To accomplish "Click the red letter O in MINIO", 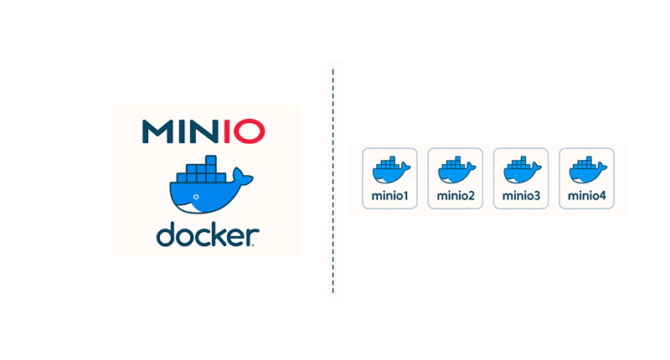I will pyautogui.click(x=250, y=131).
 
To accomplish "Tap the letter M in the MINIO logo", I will pyautogui.click(x=159, y=131).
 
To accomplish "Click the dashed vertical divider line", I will pyautogui.click(x=333, y=180).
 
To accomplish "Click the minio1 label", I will pyautogui.click(x=389, y=197).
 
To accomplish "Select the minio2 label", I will pyautogui.click(x=456, y=197).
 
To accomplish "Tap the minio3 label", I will pyautogui.click(x=521, y=197).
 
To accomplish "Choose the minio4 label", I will pyautogui.click(x=586, y=197).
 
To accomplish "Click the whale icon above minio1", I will pyautogui.click(x=390, y=171).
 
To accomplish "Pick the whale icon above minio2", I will pyautogui.click(x=456, y=171).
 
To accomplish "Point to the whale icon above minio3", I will pyautogui.click(x=521, y=171).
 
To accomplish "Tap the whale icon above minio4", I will pyautogui.click(x=586, y=171).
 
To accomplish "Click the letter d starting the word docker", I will pyautogui.click(x=166, y=234).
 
